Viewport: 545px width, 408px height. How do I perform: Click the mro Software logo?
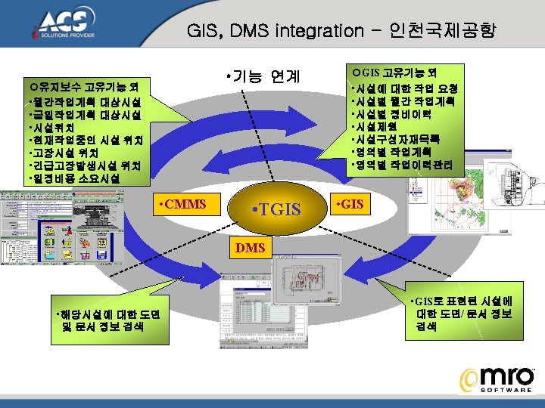[499, 379]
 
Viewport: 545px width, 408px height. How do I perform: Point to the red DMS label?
[250, 247]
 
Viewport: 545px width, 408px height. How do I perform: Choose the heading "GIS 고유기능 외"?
[393, 73]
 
